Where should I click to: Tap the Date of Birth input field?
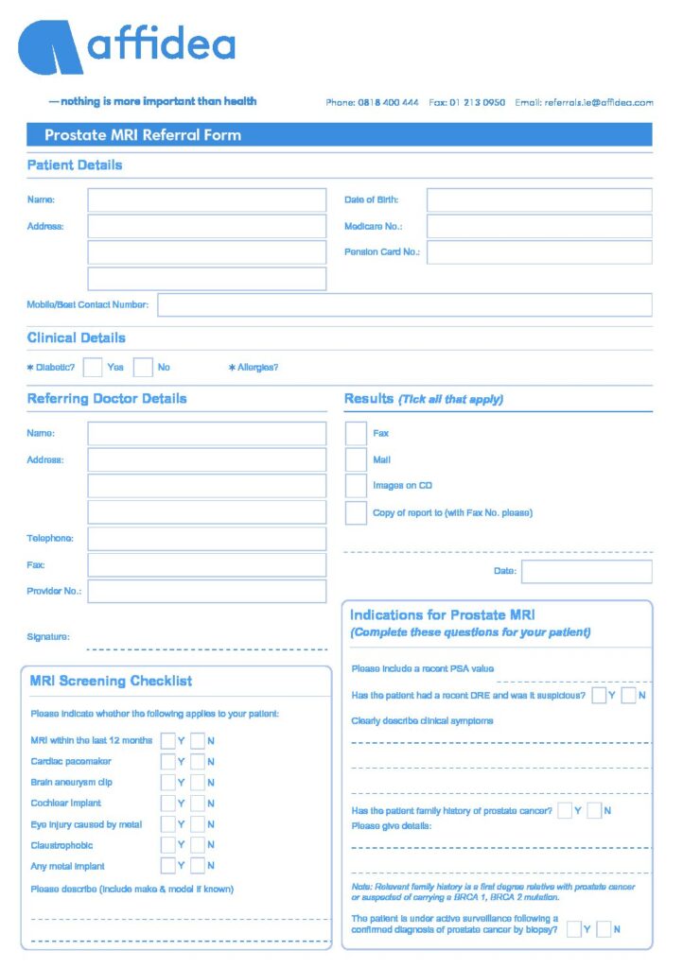[538, 200]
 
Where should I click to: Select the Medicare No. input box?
[538, 227]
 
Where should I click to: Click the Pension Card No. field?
[538, 252]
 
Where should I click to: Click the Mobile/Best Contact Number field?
[404, 305]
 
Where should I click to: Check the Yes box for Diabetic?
[93, 367]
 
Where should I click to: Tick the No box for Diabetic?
[143, 367]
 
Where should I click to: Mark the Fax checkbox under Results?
[356, 434]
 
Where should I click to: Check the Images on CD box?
[356, 486]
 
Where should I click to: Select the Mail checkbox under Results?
[356, 460]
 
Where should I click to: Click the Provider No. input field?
[206, 592]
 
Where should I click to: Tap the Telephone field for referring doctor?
[206, 539]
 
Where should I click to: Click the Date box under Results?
[587, 572]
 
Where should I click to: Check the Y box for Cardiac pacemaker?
[167, 762]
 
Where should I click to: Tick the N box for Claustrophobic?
[198, 845]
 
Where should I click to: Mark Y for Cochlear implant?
[167, 804]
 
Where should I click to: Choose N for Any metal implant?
[198, 866]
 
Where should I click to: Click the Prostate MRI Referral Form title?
[143, 135]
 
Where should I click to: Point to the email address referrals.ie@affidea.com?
[598, 103]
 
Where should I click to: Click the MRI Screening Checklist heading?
[111, 681]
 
